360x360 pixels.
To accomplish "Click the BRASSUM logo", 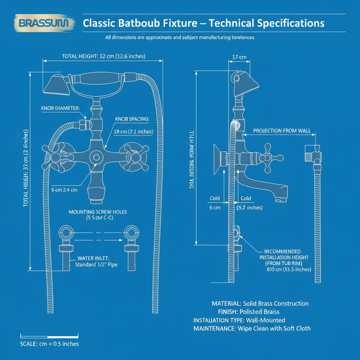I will [45, 23].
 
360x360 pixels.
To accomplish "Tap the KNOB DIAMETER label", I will [60, 108].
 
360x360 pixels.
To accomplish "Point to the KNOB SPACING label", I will [131, 119].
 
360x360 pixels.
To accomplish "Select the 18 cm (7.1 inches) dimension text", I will [133, 131].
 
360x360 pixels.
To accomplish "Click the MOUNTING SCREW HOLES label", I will [97, 212].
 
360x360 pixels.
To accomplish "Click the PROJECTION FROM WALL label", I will [282, 130].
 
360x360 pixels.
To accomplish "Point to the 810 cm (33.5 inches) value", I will [289, 269].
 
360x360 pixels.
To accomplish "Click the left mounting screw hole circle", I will [66, 232].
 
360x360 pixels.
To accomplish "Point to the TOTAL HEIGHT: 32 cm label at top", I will [103, 56].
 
